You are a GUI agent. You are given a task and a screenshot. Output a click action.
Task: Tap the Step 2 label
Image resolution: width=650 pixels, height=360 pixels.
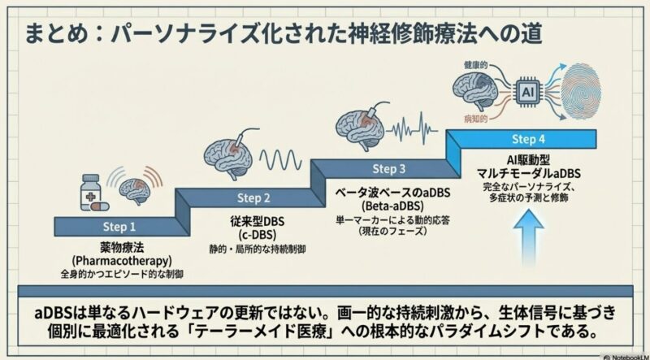[x=253, y=198]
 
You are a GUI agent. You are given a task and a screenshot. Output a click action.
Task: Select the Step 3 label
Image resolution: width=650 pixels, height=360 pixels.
[x=388, y=169]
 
